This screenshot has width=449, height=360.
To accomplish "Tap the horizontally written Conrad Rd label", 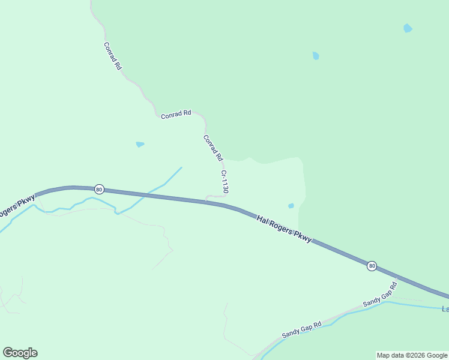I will [x=176, y=114].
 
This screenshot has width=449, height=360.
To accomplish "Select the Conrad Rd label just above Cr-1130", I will [x=212, y=148].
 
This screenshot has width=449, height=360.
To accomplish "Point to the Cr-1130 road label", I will [x=224, y=181].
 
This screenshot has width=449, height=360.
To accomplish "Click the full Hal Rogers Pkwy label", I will [x=284, y=229].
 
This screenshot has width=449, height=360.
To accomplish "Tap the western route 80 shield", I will [x=99, y=190].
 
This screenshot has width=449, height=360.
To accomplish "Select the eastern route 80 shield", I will [x=372, y=266].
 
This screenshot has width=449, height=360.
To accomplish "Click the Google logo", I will [x=20, y=353].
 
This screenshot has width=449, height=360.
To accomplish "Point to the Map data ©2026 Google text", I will [x=412, y=355].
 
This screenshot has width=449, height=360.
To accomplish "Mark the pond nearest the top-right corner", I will [x=408, y=28].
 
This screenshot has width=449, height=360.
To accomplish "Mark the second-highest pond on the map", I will [x=316, y=56].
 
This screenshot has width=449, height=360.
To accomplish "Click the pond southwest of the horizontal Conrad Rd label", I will [x=140, y=144].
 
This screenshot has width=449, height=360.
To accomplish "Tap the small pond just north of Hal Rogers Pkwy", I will [x=291, y=206].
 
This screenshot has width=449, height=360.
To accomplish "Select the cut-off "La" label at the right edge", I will [x=445, y=310].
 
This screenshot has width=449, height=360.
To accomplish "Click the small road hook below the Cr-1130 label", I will [x=216, y=196].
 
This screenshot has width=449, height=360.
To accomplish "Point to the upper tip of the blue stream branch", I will [x=181, y=167].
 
